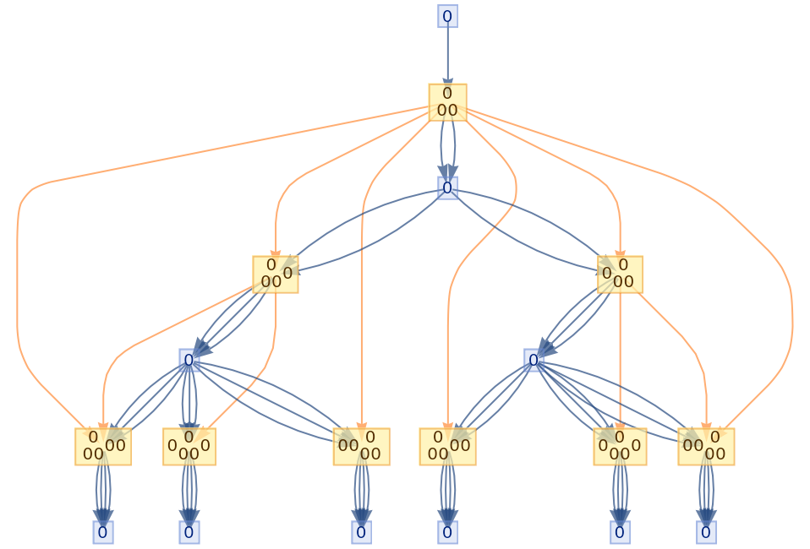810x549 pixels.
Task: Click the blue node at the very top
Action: coord(447,16)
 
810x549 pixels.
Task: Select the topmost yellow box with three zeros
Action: coord(447,102)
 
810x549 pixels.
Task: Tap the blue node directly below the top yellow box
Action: coord(447,188)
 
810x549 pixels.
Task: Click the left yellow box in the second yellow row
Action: coord(276,274)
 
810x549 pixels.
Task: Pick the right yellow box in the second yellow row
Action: coord(620,274)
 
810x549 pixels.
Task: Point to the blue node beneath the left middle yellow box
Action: coord(189,361)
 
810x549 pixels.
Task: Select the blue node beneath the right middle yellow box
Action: coord(534,361)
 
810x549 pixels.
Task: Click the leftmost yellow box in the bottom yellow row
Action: coord(103,447)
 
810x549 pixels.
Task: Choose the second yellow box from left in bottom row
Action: coord(189,447)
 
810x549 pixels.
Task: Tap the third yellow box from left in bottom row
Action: coord(361,447)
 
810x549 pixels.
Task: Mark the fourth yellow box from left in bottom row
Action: coord(447,447)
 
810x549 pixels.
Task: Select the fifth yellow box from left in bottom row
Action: coord(620,447)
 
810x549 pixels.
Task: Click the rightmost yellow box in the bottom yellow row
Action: coord(706,447)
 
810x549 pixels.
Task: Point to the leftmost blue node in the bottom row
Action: coord(103,532)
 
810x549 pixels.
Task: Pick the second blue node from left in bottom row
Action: coord(189,532)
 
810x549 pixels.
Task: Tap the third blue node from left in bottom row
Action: coord(361,532)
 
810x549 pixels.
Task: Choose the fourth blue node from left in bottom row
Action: coord(447,532)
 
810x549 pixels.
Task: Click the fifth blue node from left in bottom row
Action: coord(620,532)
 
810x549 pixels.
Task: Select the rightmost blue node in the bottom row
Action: coord(706,532)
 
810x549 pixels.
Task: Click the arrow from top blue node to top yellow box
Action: coord(447,55)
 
